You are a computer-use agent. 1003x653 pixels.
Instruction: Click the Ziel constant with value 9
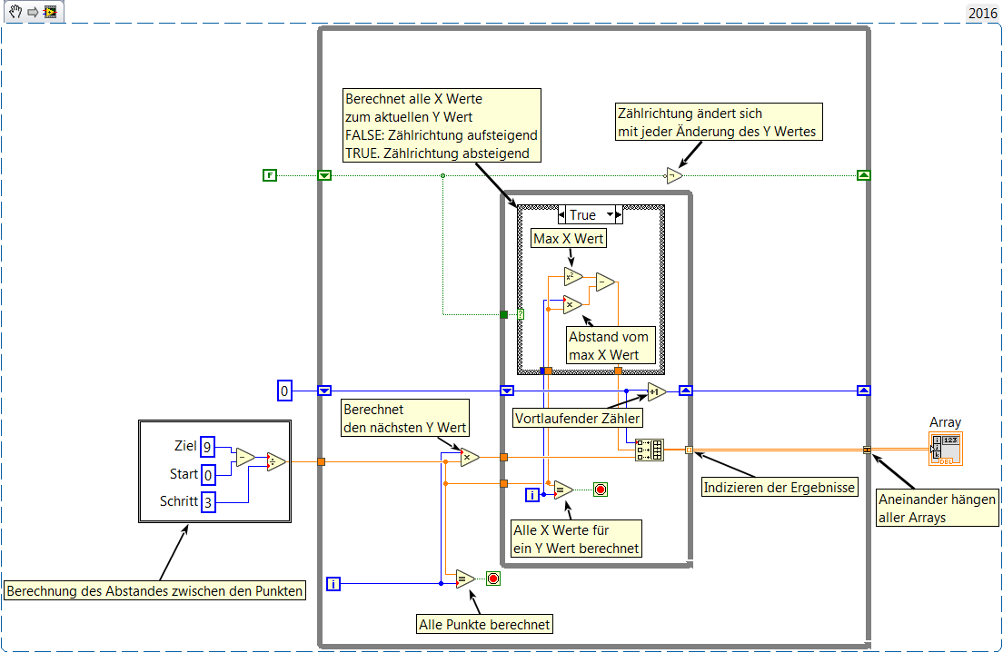[x=207, y=446]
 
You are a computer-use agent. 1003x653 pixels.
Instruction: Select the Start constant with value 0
[x=207, y=474]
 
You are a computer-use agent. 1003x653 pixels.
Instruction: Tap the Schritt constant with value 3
[x=207, y=501]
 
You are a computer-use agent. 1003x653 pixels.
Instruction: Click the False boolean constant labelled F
[x=270, y=175]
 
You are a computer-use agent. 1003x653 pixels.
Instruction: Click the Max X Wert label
[x=570, y=240]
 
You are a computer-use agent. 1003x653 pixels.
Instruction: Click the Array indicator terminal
[x=946, y=450]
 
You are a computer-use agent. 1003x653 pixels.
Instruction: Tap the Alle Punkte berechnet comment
[x=485, y=624]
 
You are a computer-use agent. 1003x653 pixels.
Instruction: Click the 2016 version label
[x=982, y=13]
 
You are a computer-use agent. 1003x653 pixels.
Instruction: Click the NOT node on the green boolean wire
[x=673, y=176]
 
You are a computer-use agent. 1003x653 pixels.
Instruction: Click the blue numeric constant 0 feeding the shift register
[x=284, y=391]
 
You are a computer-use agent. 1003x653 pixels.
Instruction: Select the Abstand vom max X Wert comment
[x=610, y=346]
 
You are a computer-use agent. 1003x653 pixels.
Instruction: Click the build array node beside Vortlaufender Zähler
[x=650, y=450]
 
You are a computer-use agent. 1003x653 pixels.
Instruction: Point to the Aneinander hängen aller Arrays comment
[x=938, y=508]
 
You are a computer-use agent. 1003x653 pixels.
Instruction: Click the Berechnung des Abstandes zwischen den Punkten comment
[x=154, y=591]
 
